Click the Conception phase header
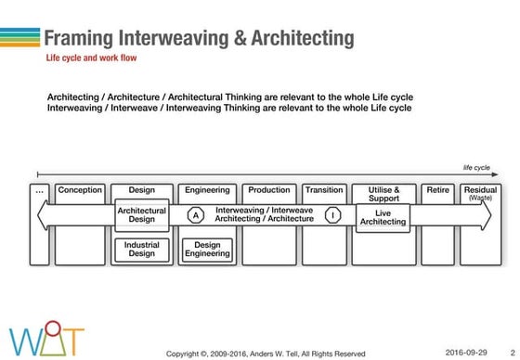pos(80,190)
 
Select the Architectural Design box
pos(142,215)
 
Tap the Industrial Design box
pos(142,249)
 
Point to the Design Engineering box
pos(206,249)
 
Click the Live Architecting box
pos(383,216)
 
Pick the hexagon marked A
pos(196,215)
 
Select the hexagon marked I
pos(333,215)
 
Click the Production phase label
pos(269,190)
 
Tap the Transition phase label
pos(324,190)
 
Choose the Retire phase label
pos(438,190)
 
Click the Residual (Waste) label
pos(481,193)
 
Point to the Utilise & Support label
pos(383,194)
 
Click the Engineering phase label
pos(207,190)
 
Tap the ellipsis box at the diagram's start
pos(39,190)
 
